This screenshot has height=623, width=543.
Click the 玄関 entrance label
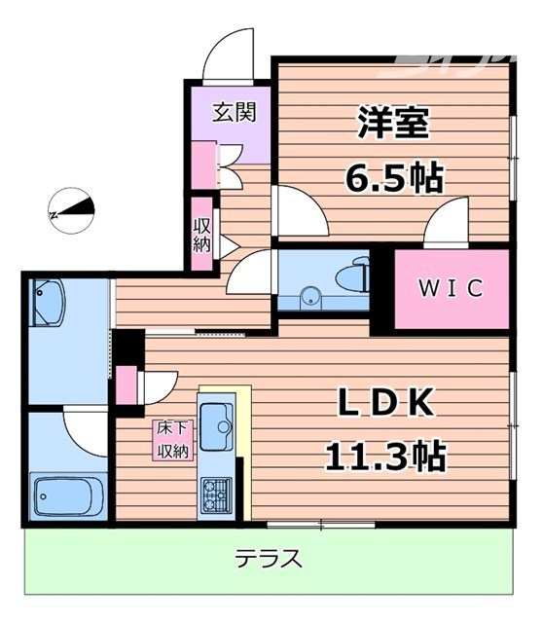235,112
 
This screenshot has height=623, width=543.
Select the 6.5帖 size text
394,179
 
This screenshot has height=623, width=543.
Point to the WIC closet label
451,289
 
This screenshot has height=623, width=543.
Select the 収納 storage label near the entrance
201,234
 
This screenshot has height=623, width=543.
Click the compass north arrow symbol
73,207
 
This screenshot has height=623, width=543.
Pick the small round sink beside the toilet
311,296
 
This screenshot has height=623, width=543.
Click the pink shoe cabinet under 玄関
204,165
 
